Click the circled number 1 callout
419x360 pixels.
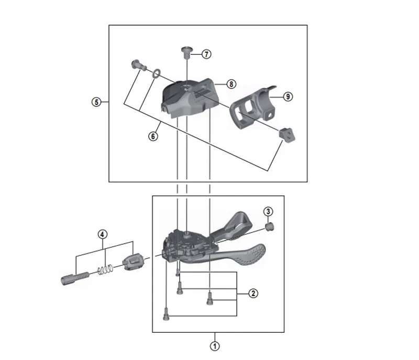coord(214,346)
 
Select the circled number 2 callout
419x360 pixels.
coord(252,293)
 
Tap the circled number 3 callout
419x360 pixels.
coord(268,212)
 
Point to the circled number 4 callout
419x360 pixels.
coord(103,234)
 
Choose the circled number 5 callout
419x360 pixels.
coord(96,102)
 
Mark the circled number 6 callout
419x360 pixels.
coord(152,136)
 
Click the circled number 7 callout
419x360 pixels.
coord(206,54)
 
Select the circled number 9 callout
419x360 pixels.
coord(288,96)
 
